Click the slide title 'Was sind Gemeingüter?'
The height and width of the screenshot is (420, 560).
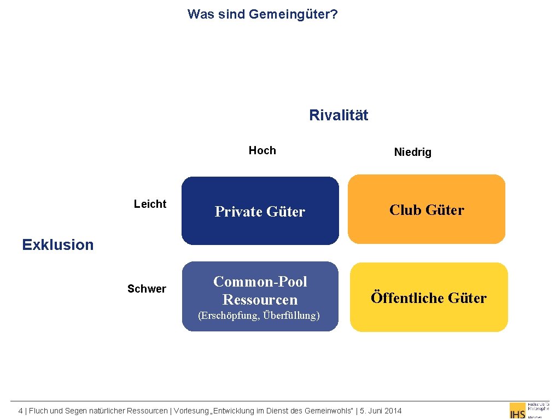(262, 14)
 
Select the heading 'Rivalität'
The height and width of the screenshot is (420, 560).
(339, 115)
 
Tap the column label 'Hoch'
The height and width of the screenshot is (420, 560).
(262, 150)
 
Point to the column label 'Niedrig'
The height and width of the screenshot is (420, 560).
(412, 152)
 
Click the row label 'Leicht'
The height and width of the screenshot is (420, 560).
(150, 204)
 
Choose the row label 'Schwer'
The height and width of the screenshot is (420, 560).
(147, 289)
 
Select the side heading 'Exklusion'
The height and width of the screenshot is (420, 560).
(58, 244)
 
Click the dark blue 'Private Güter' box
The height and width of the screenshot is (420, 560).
(260, 211)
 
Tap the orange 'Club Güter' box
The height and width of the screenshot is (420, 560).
(427, 209)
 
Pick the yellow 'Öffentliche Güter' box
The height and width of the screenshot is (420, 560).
(429, 297)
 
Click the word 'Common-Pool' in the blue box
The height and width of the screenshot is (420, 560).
(260, 282)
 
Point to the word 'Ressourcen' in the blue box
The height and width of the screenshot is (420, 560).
(260, 300)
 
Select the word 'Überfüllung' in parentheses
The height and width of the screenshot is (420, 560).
(291, 316)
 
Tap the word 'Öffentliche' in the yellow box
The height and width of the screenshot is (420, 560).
(407, 297)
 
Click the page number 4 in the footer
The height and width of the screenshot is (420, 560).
(20, 411)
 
